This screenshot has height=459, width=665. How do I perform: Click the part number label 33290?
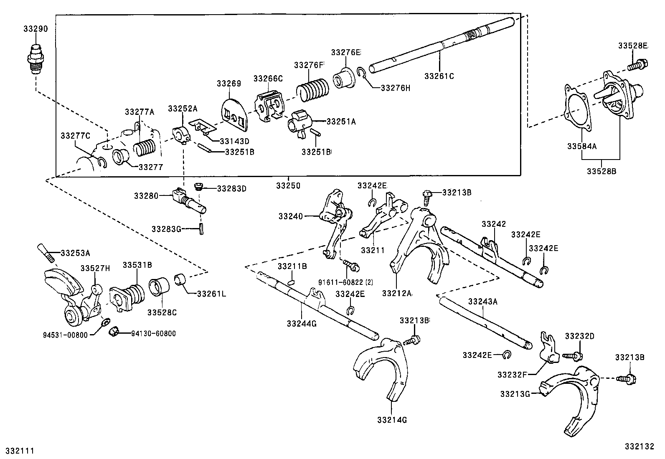point(36,29)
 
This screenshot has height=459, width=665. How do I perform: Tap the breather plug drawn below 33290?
point(36,58)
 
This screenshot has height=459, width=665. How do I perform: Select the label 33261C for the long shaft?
point(439,76)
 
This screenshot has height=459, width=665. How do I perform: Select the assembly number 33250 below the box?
point(288,185)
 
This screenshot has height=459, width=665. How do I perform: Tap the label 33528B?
point(601,171)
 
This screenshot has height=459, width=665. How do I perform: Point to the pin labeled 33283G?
point(201,229)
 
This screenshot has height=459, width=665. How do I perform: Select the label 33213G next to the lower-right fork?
point(515,393)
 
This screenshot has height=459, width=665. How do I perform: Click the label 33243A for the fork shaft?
point(482,301)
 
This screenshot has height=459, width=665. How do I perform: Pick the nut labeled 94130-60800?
point(113,332)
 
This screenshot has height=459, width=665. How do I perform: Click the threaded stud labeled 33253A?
point(46,253)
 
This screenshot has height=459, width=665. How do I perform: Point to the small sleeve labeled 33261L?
point(180,278)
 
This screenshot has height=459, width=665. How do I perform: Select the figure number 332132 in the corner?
point(639,446)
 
